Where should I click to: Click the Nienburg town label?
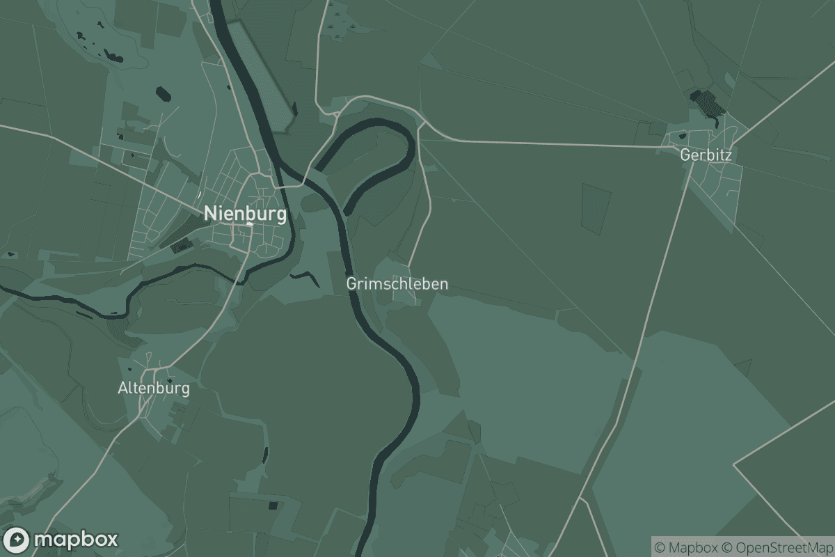pyautogui.click(x=245, y=214)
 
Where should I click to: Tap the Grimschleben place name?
pyautogui.click(x=397, y=284)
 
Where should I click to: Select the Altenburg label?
pyautogui.click(x=154, y=389)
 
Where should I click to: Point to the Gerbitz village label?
pyautogui.click(x=706, y=155)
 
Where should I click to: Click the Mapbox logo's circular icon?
pyautogui.click(x=17, y=540)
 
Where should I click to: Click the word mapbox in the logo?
pyautogui.click(x=75, y=540)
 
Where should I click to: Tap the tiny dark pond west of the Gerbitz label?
pyautogui.click(x=683, y=135)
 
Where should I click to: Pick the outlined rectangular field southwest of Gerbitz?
pyautogui.click(x=596, y=209)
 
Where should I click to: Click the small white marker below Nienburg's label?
pyautogui.click(x=249, y=224)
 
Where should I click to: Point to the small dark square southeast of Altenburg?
pyautogui.click(x=273, y=505)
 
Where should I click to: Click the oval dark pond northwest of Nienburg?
pyautogui.click(x=163, y=93)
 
